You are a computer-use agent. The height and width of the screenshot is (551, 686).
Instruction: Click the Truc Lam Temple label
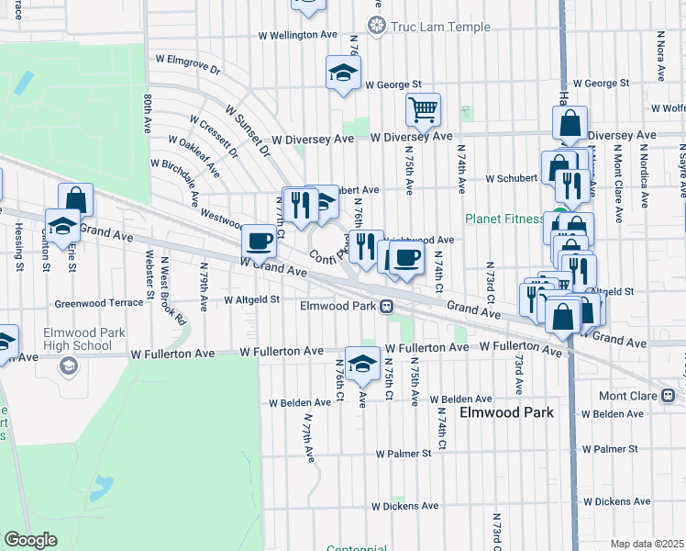pyautogui.click(x=440, y=27)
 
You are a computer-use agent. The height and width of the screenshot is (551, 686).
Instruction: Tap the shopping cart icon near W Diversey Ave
pyautogui.click(x=423, y=110)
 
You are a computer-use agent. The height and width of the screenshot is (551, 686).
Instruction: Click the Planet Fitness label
pyautogui.click(x=503, y=219)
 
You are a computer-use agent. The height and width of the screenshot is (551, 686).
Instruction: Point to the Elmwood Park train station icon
pyautogui.click(x=388, y=306)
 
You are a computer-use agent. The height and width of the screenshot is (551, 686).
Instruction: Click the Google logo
pyautogui.click(x=29, y=540)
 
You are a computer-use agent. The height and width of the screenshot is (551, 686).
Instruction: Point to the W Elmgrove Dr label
pyautogui.click(x=189, y=62)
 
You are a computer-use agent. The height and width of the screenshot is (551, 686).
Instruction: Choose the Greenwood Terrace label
pyautogui.click(x=99, y=301)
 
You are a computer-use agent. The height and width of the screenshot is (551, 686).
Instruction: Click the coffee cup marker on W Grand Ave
pyautogui.click(x=259, y=242)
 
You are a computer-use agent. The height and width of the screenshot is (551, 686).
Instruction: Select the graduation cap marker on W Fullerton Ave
pyautogui.click(x=362, y=363)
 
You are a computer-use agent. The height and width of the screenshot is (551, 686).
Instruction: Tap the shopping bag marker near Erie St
pyautogui.click(x=75, y=199)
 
